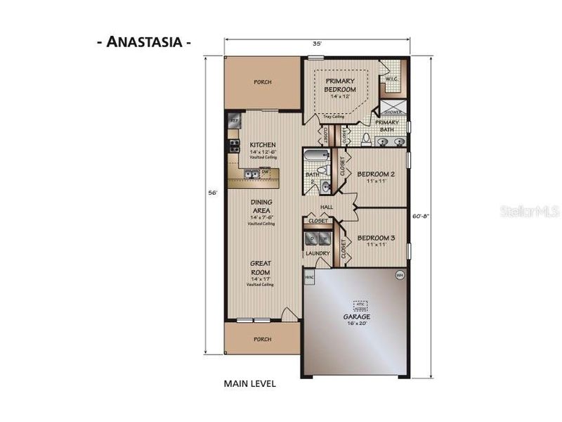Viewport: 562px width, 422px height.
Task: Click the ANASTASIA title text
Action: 144,41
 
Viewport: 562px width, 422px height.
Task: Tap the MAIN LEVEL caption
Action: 249,384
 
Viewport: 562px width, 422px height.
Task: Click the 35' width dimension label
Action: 318,44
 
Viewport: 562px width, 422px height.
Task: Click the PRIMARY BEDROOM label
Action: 340,86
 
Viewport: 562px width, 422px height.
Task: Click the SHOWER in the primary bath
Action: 391,110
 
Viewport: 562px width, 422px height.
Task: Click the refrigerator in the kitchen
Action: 234,121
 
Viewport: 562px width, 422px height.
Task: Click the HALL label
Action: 327,207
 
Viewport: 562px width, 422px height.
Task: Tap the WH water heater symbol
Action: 400,274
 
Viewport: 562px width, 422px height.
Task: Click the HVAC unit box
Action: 309,279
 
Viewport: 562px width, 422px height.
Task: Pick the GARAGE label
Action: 357,317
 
